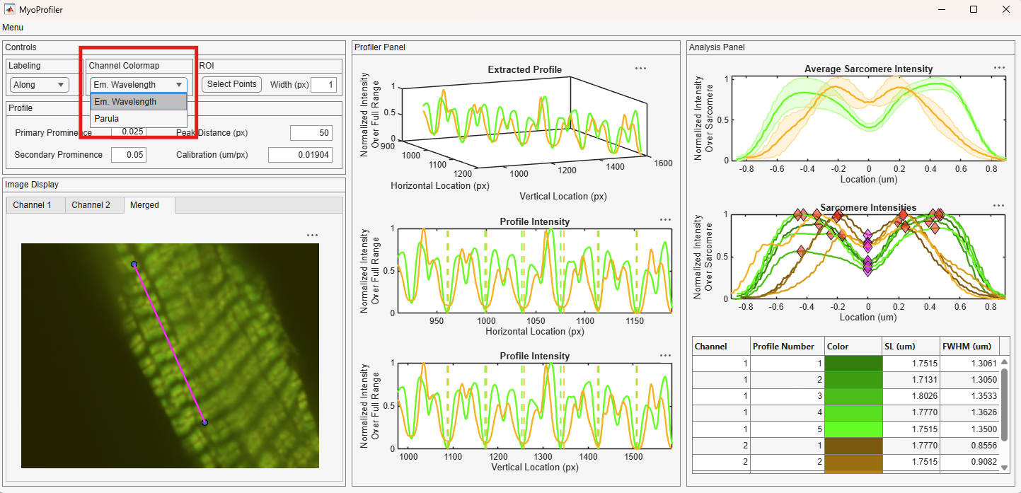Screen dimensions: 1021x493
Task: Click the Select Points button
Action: [231, 84]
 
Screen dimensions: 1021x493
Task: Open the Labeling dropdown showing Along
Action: [39, 85]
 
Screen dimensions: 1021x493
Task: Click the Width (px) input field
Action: [323, 85]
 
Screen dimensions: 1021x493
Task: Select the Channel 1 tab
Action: [32, 205]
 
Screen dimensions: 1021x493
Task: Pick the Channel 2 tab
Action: [91, 205]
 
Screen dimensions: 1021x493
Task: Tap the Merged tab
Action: [144, 205]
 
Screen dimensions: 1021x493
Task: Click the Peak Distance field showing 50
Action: [311, 133]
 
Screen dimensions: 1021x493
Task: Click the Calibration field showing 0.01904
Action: [301, 155]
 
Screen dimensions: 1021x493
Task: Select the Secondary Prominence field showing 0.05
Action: [129, 155]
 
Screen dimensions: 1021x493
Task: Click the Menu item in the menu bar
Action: [13, 28]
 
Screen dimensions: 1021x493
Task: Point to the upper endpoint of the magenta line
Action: [134, 265]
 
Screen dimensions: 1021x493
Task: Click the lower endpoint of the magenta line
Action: [204, 423]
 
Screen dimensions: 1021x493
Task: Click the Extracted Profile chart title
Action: [524, 70]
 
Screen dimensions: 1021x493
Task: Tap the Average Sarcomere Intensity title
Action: [868, 69]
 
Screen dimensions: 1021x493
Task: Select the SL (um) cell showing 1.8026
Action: [911, 396]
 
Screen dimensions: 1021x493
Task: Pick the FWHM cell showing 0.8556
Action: [969, 445]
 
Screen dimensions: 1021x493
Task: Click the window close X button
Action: [1006, 10]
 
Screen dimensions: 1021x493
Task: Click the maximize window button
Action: [974, 10]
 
